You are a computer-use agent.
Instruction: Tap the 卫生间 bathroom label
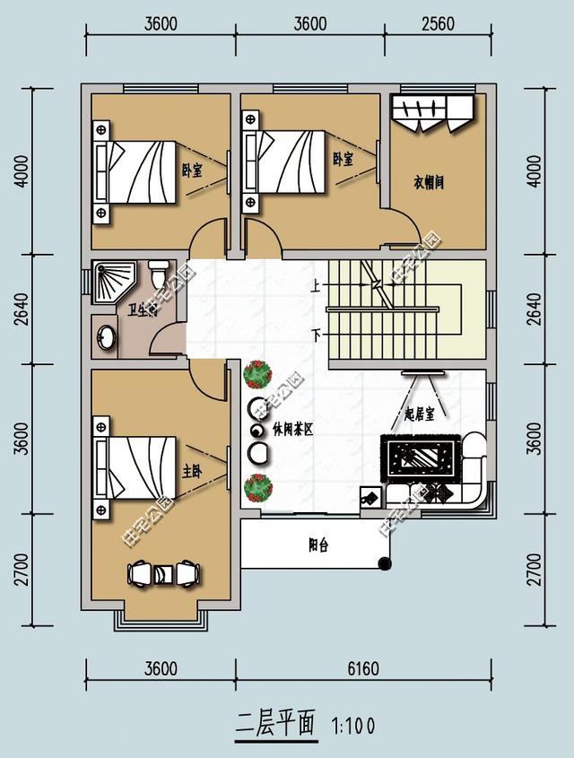[143, 310]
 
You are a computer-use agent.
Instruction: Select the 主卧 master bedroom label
[191, 470]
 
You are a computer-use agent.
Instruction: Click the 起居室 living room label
[419, 414]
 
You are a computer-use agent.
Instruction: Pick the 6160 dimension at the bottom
[362, 669]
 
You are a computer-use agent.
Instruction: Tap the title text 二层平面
[276, 724]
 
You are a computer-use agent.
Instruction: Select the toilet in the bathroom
[159, 271]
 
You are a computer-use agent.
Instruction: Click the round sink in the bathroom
[106, 337]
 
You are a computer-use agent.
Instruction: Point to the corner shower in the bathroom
[111, 279]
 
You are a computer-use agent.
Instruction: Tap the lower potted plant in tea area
[258, 488]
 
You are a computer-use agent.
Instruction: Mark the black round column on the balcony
[385, 563]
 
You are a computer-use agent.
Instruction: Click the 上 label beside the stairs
[316, 288]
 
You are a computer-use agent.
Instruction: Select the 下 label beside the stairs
[316, 335]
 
